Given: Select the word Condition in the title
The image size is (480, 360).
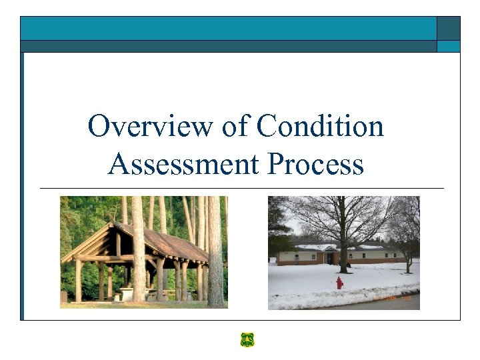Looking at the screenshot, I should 321,126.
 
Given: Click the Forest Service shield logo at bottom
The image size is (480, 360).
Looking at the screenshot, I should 247,339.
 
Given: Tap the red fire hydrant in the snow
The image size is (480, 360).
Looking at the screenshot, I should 339,283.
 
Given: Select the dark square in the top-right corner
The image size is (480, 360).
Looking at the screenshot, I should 448,28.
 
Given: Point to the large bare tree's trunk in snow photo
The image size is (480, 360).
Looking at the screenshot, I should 343,253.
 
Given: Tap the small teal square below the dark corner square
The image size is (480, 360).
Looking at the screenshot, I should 448,46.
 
